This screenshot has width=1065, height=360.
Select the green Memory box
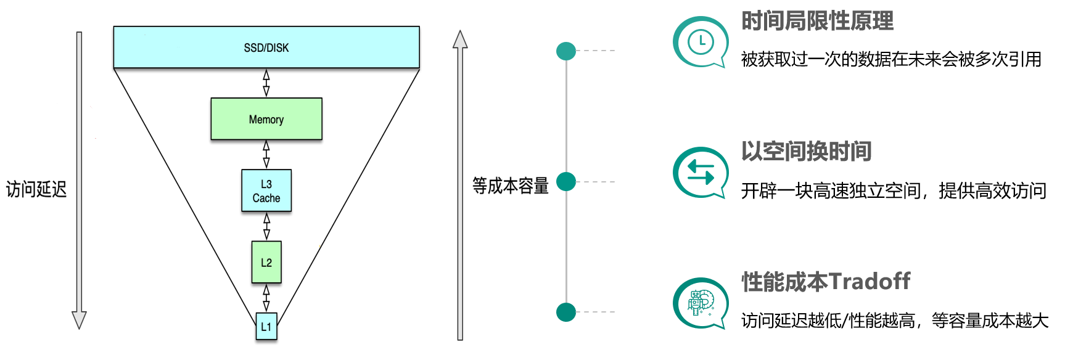[x=266, y=119]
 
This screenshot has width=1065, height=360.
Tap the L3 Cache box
[x=266, y=190]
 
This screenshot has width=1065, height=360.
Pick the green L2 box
[x=266, y=262]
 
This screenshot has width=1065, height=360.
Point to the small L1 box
[x=266, y=326]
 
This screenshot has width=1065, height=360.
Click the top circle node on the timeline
[x=566, y=51]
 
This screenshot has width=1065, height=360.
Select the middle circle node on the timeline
[x=566, y=182]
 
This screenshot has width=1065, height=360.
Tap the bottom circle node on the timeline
[x=566, y=312]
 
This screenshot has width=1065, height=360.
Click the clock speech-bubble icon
[x=701, y=42]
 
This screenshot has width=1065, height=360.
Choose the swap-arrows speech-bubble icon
[x=701, y=173]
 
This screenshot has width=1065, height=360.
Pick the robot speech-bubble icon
[x=701, y=303]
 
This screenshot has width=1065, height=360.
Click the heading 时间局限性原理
[x=817, y=22]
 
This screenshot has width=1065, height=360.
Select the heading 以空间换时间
[x=806, y=152]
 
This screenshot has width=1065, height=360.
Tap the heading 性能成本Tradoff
[x=826, y=282]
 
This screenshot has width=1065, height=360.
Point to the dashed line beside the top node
[x=596, y=51]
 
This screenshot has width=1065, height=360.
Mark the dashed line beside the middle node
[x=596, y=182]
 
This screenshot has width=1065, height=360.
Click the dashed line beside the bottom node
[x=596, y=312]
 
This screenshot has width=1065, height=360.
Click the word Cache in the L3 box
[x=266, y=198]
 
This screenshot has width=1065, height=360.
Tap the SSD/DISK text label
[x=266, y=47]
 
